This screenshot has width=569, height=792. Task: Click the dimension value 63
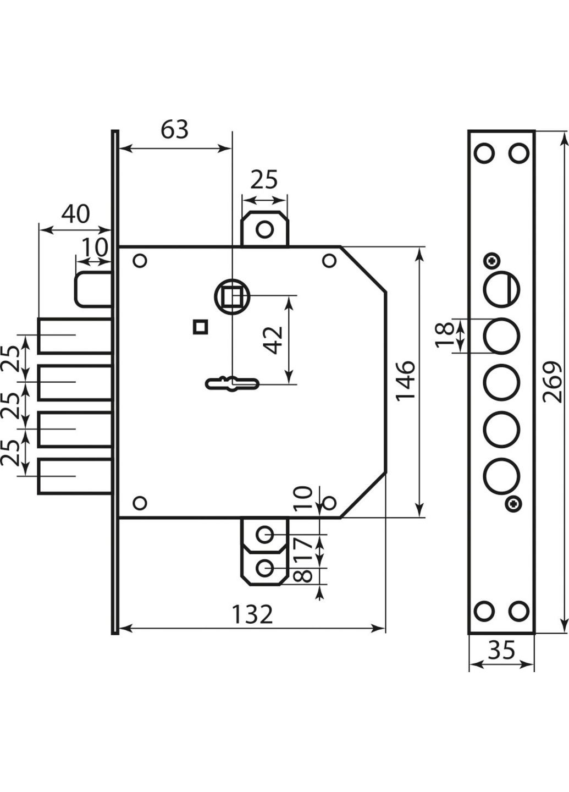point(175,130)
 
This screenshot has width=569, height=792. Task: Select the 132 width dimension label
point(252,614)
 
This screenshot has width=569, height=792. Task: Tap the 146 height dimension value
point(405,381)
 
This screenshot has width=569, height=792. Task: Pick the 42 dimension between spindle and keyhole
point(274,340)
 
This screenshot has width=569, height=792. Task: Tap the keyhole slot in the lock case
point(232,383)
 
